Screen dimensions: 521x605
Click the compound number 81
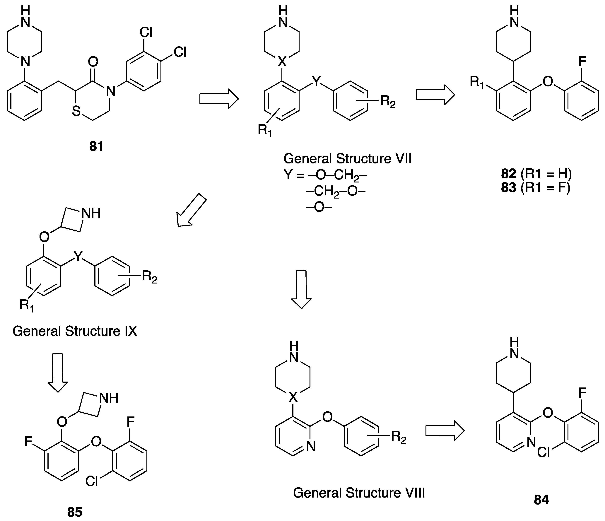[x=96, y=146]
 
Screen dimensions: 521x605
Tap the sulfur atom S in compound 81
[x=76, y=111]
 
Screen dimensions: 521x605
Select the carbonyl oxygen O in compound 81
[x=93, y=62]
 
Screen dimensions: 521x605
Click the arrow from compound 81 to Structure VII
[x=219, y=99]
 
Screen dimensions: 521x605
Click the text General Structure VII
[x=347, y=159]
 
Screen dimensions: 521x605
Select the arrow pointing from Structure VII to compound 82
[x=435, y=95]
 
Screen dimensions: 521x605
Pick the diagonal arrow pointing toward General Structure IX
[x=191, y=210]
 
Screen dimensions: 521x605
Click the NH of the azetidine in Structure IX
[x=91, y=213]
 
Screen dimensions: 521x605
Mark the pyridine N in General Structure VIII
[x=311, y=446]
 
